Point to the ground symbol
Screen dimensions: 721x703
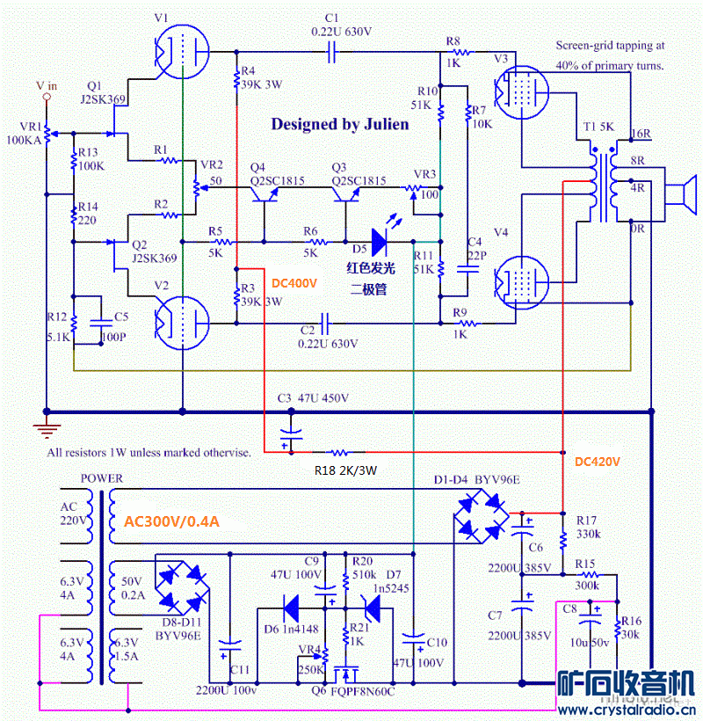click(x=45, y=428)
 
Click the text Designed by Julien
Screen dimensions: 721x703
click(x=339, y=124)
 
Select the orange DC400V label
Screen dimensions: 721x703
click(x=294, y=283)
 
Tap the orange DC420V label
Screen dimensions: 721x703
click(x=598, y=461)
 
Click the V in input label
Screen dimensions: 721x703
click(x=46, y=85)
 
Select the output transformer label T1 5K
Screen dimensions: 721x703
click(x=599, y=128)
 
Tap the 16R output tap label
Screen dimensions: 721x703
click(x=641, y=135)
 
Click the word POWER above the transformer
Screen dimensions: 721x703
click(x=101, y=478)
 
